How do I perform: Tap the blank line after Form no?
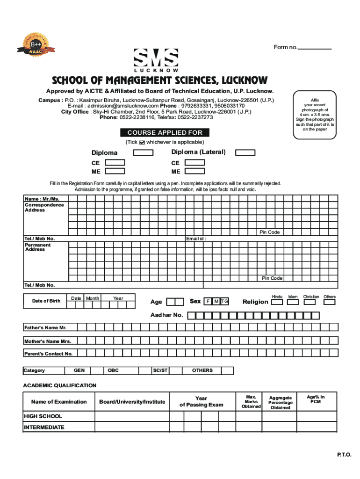pyautogui.click(x=314, y=48)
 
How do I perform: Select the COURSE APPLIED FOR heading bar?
pyautogui.click(x=165, y=133)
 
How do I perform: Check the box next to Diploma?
pyautogui.click(x=144, y=152)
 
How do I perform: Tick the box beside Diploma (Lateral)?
pyautogui.click(x=245, y=152)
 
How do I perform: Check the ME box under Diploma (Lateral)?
pyautogui.click(x=195, y=171)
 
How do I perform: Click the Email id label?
pyautogui.click(x=196, y=239)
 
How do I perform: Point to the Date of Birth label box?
pyautogui.click(x=46, y=301)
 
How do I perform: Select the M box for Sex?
pyautogui.click(x=216, y=301)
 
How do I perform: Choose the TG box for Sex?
pyautogui.click(x=225, y=301)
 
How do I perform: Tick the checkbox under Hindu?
pyautogui.click(x=277, y=302)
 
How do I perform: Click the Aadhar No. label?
pyautogui.click(x=166, y=315)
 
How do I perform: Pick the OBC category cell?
pyautogui.click(x=113, y=370)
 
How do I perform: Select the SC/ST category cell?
pyautogui.click(x=160, y=370)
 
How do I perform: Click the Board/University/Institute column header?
pyautogui.click(x=132, y=402)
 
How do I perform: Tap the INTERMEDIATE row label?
pyautogui.click(x=44, y=428)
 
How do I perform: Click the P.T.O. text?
pyautogui.click(x=344, y=455)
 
